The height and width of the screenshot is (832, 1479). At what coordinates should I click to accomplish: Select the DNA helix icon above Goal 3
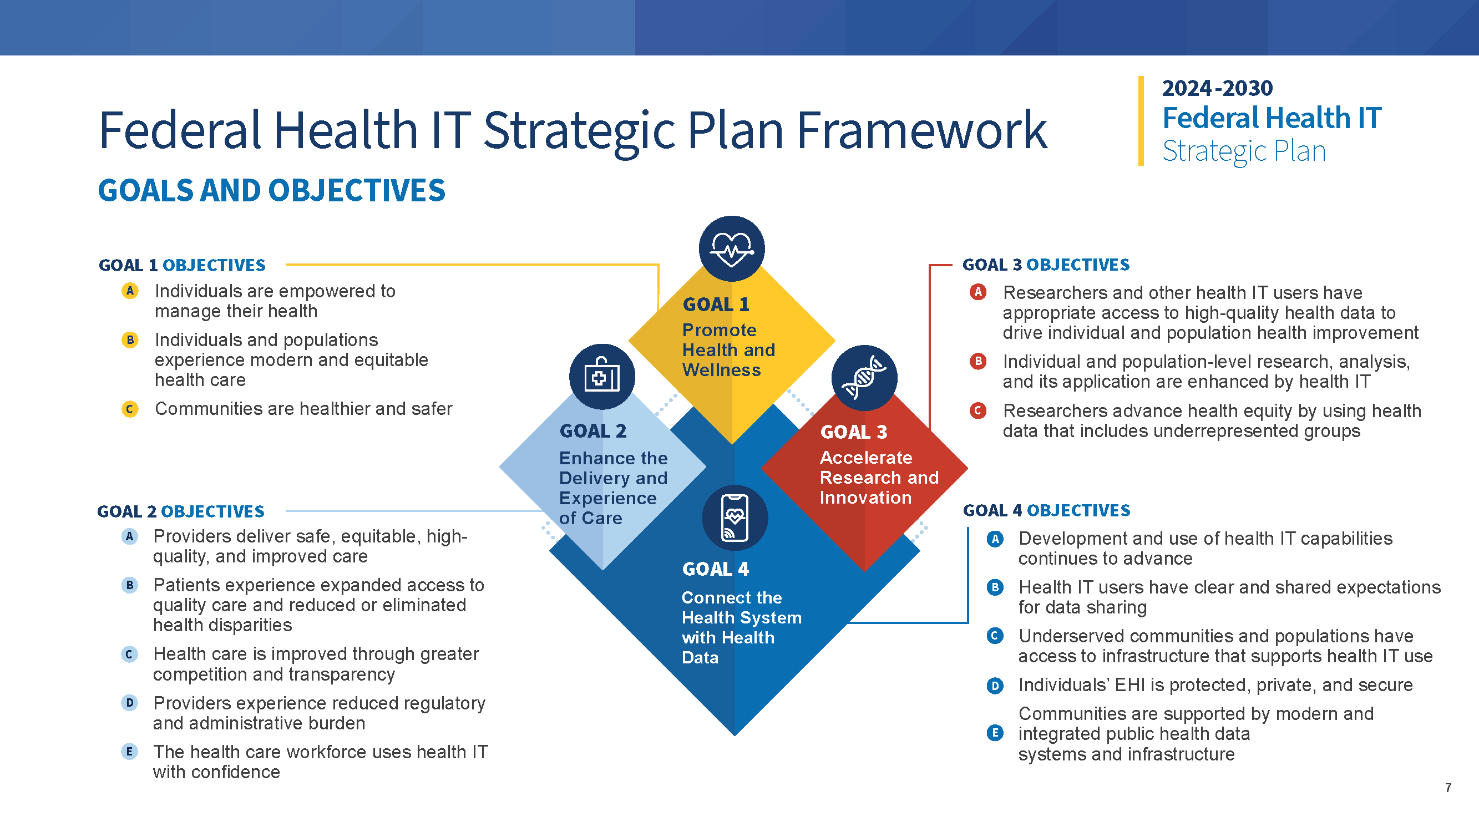pos(864,377)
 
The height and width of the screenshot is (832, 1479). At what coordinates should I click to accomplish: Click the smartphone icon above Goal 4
pos(735,518)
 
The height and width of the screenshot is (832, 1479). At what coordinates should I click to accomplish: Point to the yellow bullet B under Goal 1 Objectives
pos(130,340)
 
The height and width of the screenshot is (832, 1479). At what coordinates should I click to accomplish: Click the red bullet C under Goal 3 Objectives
pos(977,410)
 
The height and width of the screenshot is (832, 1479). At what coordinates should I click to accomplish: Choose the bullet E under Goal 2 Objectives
pos(129,752)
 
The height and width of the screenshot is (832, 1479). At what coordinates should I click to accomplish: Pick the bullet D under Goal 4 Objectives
pos(995,686)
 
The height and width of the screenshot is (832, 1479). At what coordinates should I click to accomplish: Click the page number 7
pos(1448,788)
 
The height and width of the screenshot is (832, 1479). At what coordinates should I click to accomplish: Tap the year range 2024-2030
pos(1217,88)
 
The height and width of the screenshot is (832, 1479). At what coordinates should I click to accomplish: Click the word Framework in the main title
pos(922,130)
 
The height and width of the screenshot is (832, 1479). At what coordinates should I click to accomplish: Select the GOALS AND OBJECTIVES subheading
pos(272,191)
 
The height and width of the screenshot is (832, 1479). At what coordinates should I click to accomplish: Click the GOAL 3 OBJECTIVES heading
pos(1046,265)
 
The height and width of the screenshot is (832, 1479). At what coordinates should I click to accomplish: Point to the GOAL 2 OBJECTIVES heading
pos(181,511)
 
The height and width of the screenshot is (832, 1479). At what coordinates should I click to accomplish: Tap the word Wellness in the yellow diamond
pos(721,371)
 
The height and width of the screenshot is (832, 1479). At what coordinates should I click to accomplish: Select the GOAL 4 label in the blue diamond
pos(716,569)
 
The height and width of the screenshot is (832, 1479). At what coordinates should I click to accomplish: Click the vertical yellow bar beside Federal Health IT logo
pos(1141,120)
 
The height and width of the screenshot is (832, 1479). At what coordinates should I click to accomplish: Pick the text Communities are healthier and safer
pos(303,409)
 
